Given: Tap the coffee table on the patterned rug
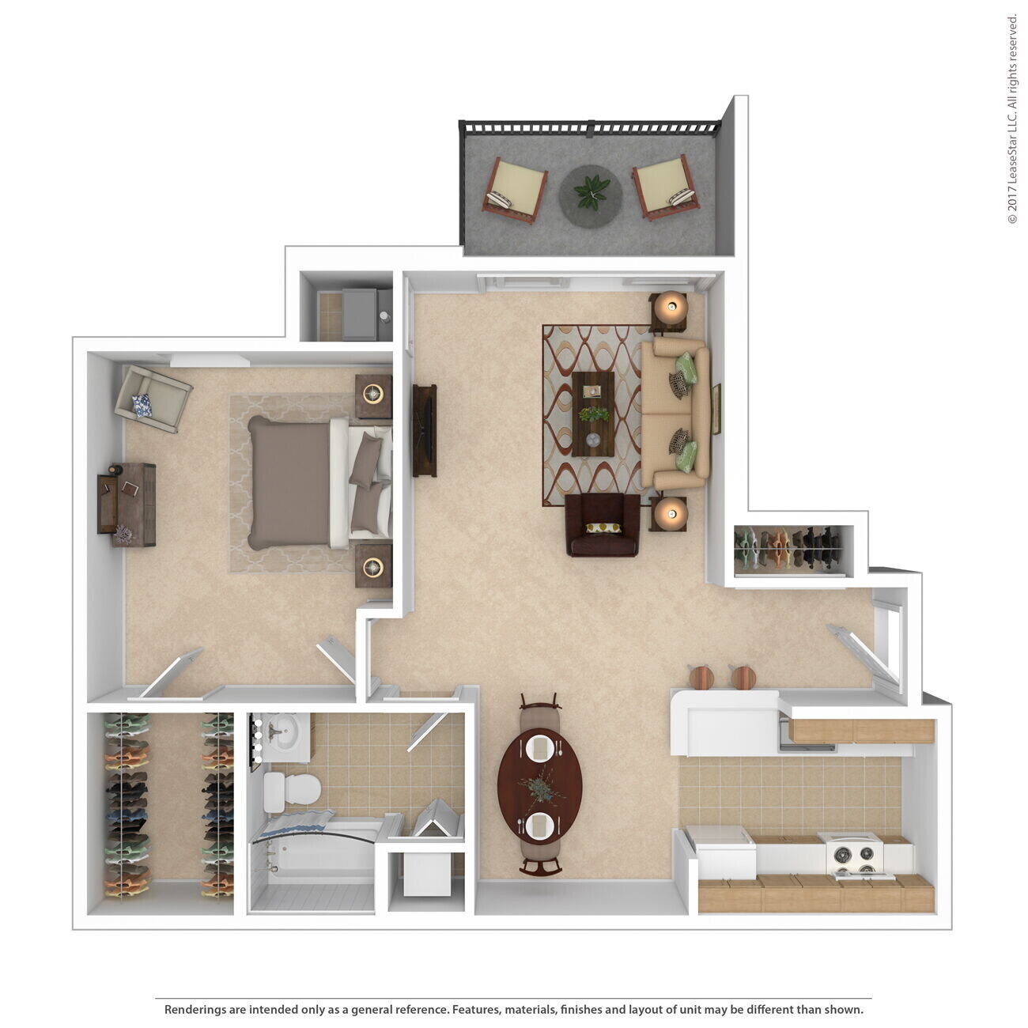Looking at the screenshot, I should (593, 414).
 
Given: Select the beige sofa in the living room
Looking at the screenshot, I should (675, 414).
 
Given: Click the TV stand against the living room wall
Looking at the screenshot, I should (425, 430).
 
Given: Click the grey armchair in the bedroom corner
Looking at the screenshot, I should (152, 398).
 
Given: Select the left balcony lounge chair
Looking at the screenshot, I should (516, 191).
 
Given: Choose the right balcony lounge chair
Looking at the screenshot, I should (665, 187).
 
